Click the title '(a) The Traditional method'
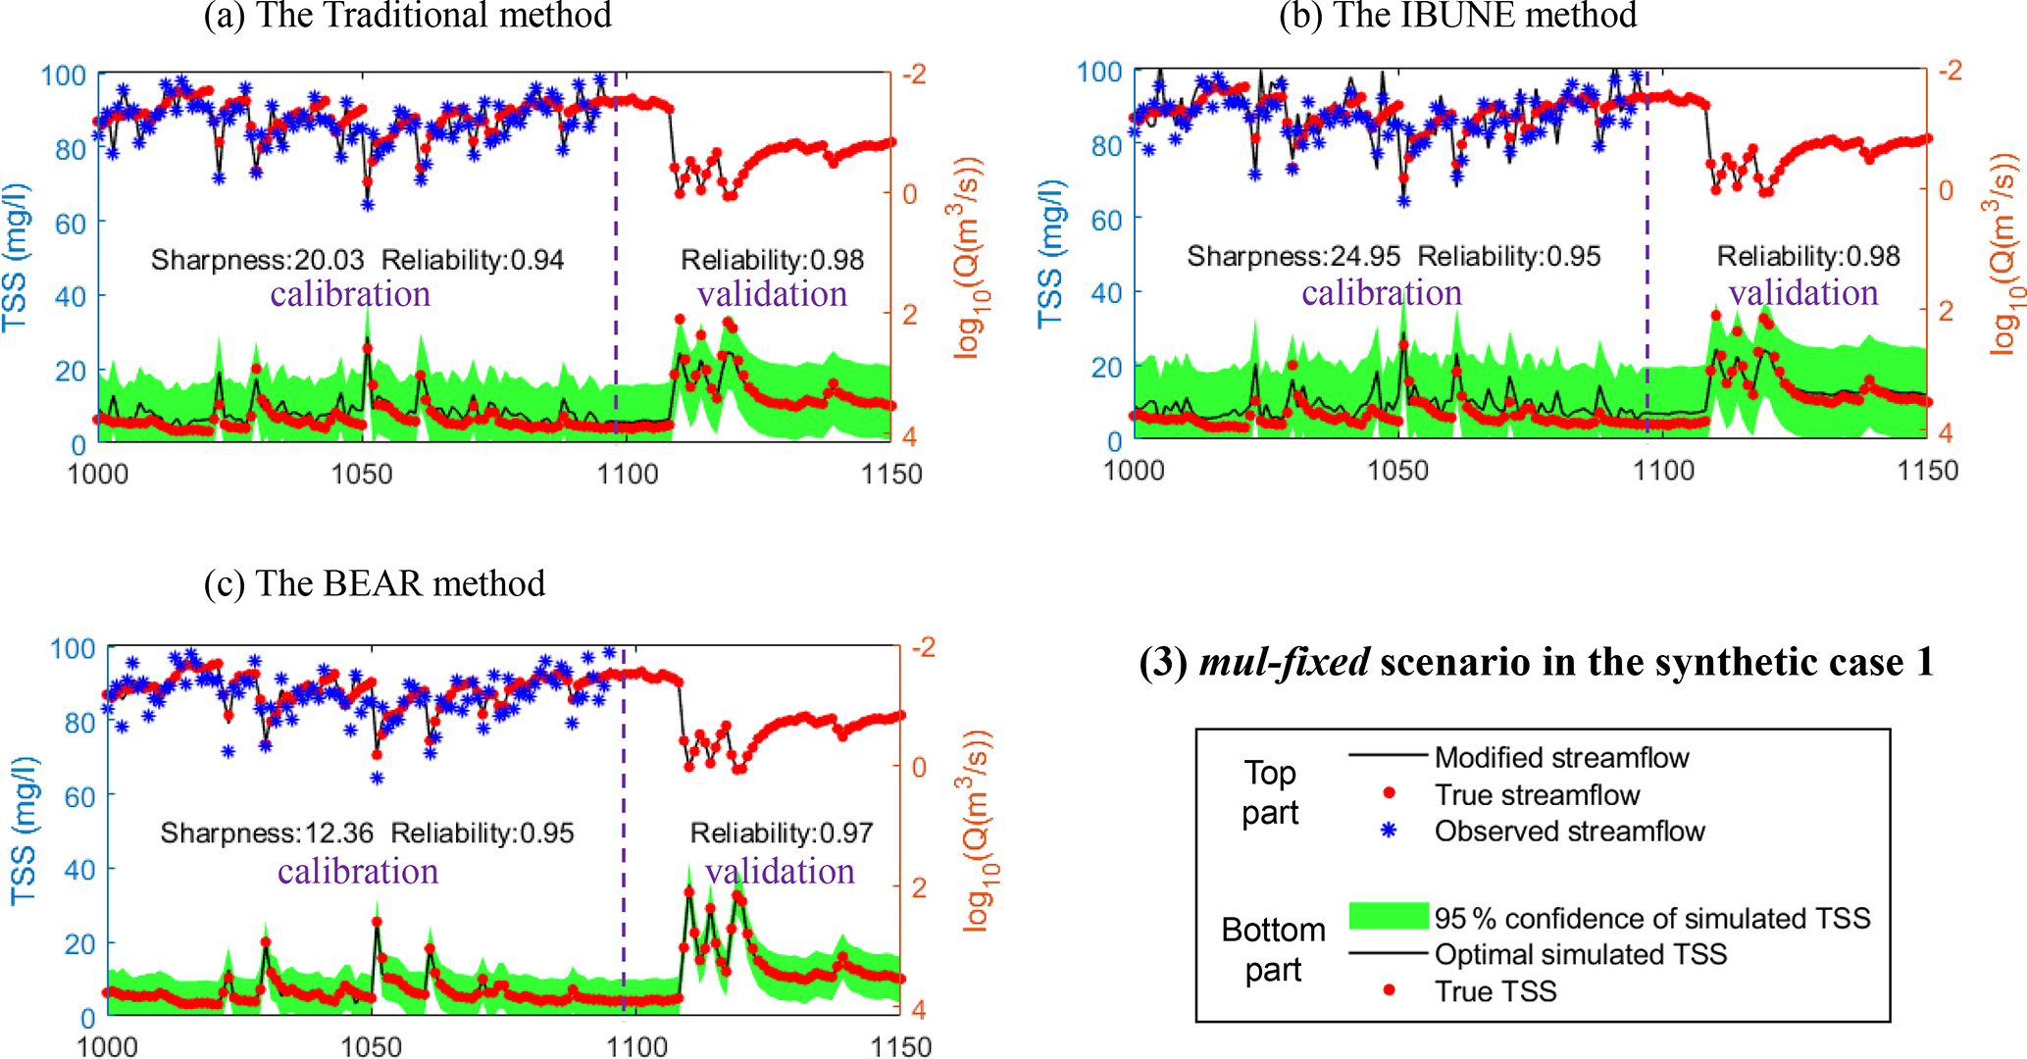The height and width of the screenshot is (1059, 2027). point(407,16)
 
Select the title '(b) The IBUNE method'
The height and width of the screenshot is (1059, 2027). point(1457,16)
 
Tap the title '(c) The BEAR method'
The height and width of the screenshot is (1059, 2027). point(375,583)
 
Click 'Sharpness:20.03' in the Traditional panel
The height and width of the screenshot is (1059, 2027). point(257,260)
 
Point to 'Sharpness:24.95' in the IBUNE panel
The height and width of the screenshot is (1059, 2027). point(1293,257)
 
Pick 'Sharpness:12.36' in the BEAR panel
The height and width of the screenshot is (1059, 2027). point(267,833)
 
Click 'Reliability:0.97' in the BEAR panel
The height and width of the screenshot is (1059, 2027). point(782,833)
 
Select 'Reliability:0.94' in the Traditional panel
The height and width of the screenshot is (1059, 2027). point(473,260)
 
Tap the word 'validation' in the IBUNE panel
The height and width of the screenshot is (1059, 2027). point(1803,293)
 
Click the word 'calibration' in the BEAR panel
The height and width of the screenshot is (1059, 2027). point(358,872)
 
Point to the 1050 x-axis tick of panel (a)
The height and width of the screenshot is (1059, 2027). point(362,475)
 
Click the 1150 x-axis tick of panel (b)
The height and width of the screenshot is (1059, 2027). point(1927,471)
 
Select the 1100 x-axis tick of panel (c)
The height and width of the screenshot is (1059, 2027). point(636,1047)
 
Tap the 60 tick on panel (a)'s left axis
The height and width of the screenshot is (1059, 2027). point(71,224)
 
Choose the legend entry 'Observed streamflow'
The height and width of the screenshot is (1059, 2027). point(1569,832)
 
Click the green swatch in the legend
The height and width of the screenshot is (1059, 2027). point(1389,916)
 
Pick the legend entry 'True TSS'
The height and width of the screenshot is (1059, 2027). point(1495,991)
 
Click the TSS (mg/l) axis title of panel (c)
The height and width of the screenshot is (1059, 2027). point(24,832)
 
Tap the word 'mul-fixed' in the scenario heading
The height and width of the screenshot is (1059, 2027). point(1285,663)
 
